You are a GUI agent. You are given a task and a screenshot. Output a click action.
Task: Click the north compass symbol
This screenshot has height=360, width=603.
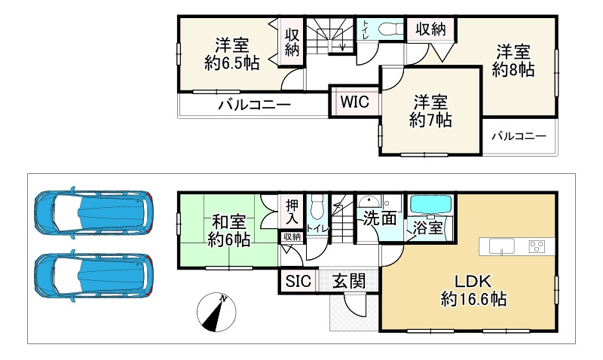coord(217,313)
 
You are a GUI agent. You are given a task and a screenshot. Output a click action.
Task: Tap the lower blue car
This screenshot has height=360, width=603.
coord(94,273)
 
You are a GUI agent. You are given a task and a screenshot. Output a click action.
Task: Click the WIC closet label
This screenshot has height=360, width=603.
coord(354,102)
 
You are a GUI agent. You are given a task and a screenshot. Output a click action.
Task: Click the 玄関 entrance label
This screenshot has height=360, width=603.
coord(349,282)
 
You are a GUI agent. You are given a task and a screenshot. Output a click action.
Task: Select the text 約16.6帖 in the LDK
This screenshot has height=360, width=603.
coord(473,300)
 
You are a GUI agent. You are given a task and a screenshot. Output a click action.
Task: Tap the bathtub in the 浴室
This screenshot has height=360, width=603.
coord(429,205)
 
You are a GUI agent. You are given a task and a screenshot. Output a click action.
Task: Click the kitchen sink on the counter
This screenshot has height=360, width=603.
coord(502,246)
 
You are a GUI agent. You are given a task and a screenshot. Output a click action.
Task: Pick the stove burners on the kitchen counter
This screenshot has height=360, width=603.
coord(537,246)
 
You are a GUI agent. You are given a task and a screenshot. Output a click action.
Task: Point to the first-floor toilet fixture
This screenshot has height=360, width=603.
coord(317,205)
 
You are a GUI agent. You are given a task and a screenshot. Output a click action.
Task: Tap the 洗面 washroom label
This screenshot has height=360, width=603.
coord(378,219)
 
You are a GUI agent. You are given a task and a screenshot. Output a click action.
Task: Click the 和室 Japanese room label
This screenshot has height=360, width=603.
coord(228,223)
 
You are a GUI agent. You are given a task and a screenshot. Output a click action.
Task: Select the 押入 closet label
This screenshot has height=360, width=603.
coord(292,211)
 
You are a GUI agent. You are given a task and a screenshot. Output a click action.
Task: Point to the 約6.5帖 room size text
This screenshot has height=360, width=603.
coord(232,63)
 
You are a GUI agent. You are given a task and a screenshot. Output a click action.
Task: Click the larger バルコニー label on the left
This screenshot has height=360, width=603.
coord(254,105)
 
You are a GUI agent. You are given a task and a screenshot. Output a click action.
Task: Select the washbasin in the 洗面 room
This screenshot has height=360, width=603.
coord(370,202)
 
